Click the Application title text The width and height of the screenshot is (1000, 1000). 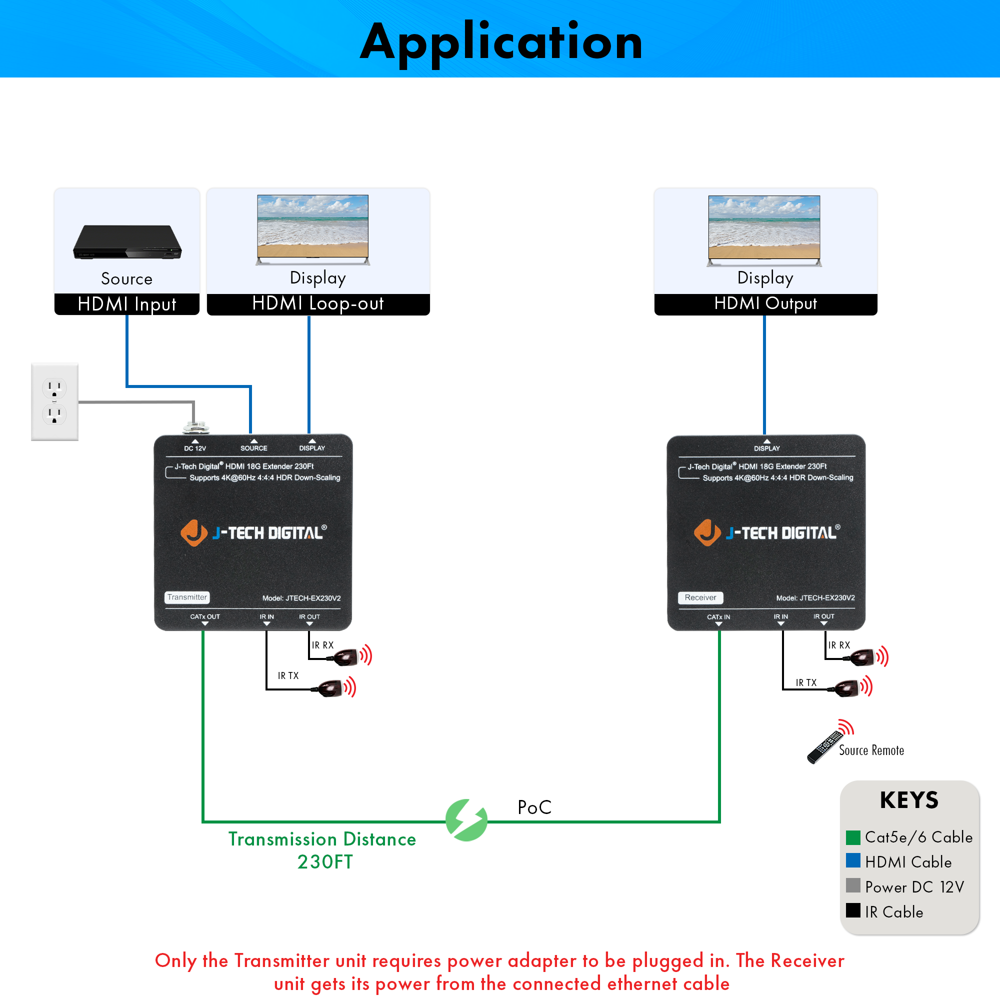(501, 42)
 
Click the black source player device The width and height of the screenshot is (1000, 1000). (127, 241)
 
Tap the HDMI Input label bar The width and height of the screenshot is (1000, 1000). (127, 304)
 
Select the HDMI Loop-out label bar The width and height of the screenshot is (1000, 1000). (318, 304)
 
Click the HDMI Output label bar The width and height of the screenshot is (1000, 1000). (765, 304)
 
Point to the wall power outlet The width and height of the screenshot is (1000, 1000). (55, 401)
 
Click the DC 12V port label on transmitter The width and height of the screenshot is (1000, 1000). (194, 448)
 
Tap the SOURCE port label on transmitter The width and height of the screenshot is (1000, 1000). (253, 448)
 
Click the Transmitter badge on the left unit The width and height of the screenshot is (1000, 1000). (187, 597)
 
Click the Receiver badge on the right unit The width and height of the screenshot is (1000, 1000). (700, 597)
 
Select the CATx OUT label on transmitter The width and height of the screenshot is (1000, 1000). (205, 616)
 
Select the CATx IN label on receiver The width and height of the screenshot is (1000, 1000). (718, 617)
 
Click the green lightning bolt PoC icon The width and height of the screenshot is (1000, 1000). (466, 820)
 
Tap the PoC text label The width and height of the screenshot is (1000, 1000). (534, 807)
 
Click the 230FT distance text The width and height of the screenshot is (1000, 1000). (325, 862)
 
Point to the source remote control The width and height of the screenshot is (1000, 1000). (826, 746)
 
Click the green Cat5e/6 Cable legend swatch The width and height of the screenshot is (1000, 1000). (852, 837)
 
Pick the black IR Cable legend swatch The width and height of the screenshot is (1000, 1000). (852, 910)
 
